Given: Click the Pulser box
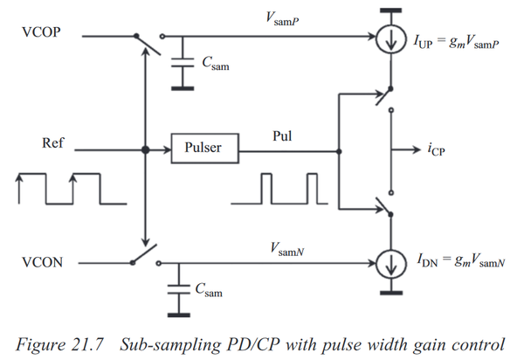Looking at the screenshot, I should pos(203,149).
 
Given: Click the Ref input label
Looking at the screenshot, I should pos(52,141).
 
